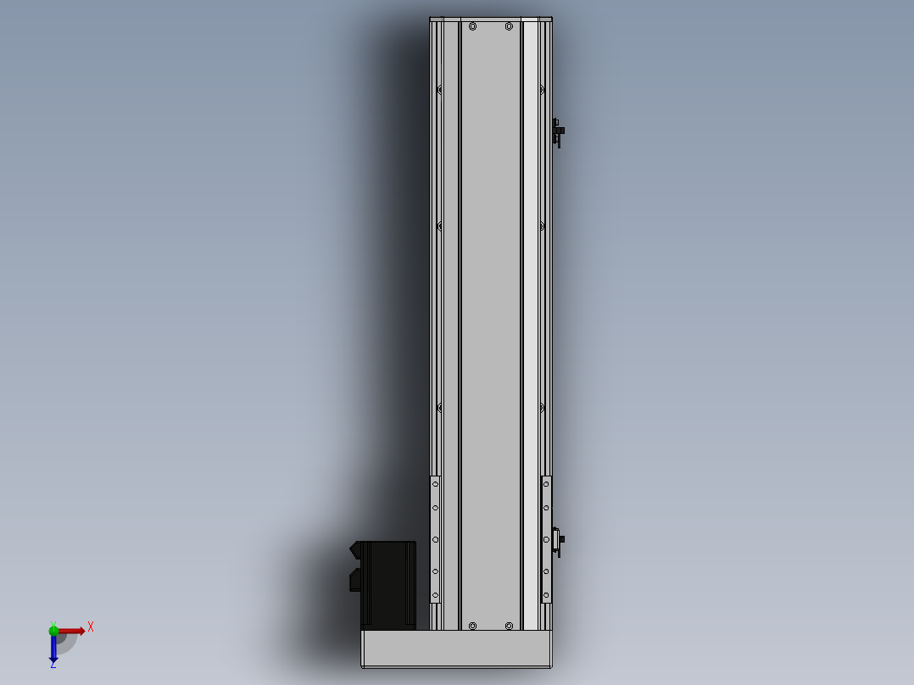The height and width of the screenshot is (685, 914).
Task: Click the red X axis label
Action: pyautogui.click(x=91, y=627)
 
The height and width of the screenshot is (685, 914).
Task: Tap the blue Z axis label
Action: pyautogui.click(x=53, y=664)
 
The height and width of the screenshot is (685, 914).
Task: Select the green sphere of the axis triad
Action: pyautogui.click(x=53, y=631)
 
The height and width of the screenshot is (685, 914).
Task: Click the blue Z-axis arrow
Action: pyautogui.click(x=53, y=648)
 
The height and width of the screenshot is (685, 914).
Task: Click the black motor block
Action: pyautogui.click(x=388, y=585)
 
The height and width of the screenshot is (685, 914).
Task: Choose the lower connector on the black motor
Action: pyautogui.click(x=355, y=581)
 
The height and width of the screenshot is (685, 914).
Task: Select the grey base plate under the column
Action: pyautogui.click(x=456, y=649)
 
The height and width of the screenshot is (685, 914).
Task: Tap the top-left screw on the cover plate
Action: pyautogui.click(x=473, y=26)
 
